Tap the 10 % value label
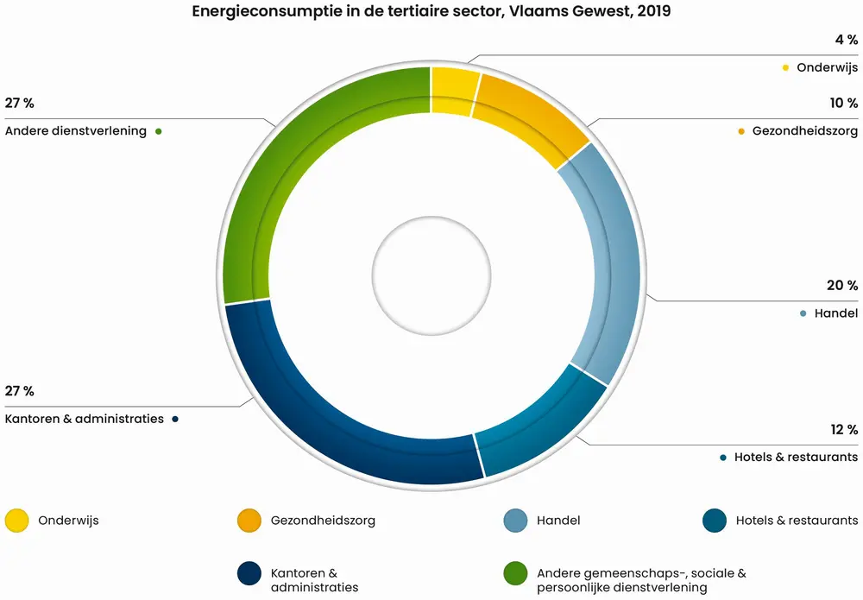click(x=841, y=104)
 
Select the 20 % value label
click(x=841, y=286)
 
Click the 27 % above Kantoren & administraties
click(x=19, y=391)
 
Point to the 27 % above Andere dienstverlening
click(x=19, y=104)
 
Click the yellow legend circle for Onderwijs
click(x=16, y=521)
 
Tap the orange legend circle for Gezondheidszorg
click(x=249, y=521)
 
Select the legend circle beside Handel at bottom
click(x=515, y=521)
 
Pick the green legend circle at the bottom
click(x=515, y=573)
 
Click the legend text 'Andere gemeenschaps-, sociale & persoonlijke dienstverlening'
click(x=640, y=580)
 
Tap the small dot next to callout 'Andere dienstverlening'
click(x=159, y=132)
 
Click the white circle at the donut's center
click(x=431, y=275)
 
